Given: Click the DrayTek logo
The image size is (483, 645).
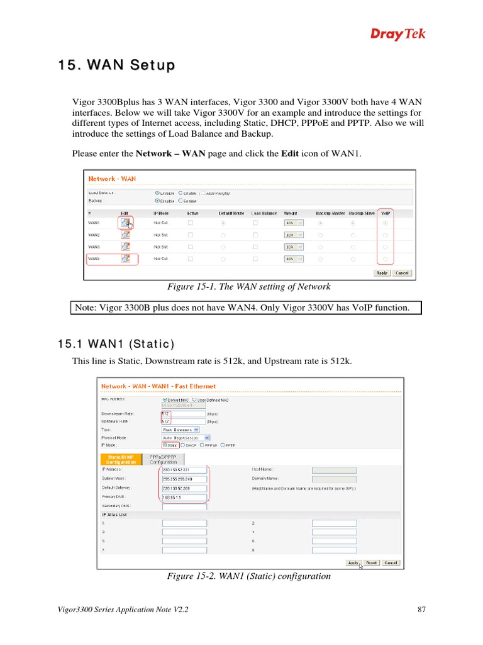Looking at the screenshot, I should (397, 34).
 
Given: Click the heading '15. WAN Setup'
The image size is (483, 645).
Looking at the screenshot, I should (117, 66).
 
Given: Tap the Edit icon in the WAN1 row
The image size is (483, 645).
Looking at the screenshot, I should (126, 222).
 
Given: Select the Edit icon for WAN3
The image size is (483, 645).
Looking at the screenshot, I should (126, 246).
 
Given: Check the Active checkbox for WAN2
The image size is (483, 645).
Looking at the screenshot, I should (191, 235).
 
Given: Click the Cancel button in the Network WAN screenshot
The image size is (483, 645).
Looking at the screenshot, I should (401, 273).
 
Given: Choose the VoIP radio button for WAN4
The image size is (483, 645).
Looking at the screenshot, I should (385, 259).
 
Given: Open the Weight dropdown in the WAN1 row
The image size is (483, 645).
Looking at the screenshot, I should (294, 223).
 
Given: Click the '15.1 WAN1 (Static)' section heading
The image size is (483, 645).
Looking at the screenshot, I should (116, 344).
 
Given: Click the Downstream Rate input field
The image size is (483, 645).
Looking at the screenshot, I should (184, 414).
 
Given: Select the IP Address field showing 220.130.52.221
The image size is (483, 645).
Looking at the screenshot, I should (184, 469).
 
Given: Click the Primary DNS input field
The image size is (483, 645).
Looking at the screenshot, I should (184, 497).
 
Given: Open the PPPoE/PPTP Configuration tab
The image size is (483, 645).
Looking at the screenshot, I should (163, 459).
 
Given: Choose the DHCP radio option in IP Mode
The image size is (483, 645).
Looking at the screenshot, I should (187, 445).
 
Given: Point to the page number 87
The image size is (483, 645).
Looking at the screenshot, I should (422, 610).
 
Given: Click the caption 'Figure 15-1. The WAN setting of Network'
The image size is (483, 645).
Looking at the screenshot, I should (248, 287).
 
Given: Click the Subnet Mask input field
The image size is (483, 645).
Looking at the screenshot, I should (184, 479).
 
